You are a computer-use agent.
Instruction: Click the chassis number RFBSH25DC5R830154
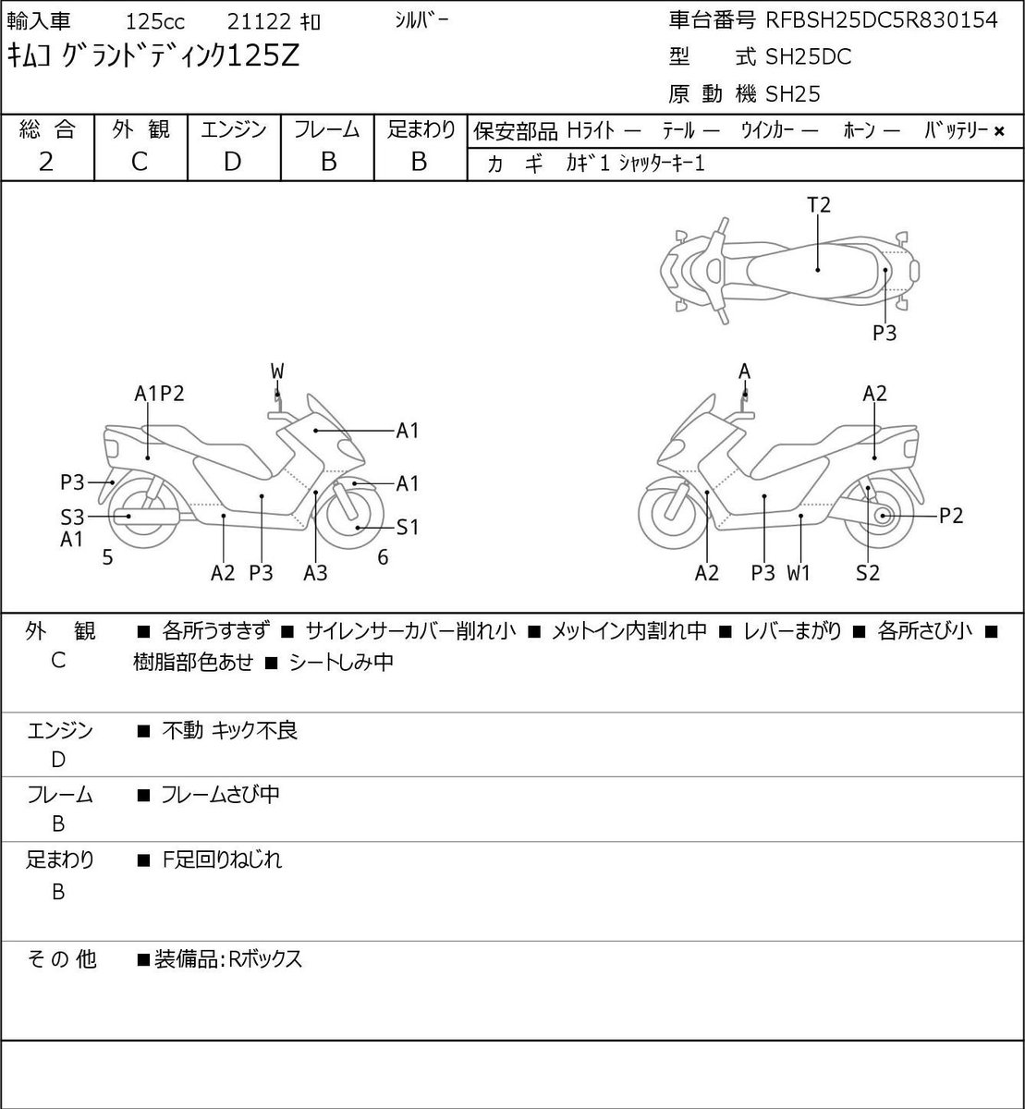[x=881, y=20]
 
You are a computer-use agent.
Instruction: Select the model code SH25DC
[x=809, y=57]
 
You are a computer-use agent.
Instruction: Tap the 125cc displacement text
[x=155, y=22]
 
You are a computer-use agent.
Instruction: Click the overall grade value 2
[x=46, y=162]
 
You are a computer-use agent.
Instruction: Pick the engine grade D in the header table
[x=232, y=162]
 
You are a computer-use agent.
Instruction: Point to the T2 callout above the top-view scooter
[x=819, y=205]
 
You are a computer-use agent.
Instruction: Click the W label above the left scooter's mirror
[x=277, y=372]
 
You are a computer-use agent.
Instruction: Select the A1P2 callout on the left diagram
[x=159, y=394]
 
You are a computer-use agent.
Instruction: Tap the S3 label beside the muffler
[x=73, y=518]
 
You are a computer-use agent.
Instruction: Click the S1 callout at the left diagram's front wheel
[x=408, y=527]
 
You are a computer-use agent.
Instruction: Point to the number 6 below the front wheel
[x=383, y=556]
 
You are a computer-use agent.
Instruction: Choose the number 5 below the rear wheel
[x=108, y=556]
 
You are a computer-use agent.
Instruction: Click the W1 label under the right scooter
[x=799, y=572]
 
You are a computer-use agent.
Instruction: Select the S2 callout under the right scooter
[x=868, y=572]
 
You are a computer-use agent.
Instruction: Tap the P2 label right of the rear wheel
[x=951, y=516]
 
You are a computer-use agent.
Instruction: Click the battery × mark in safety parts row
[x=999, y=132]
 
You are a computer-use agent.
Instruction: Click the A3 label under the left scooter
[x=315, y=572]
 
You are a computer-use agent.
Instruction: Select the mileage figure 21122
[x=259, y=22]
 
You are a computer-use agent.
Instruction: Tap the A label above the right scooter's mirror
[x=744, y=372]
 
